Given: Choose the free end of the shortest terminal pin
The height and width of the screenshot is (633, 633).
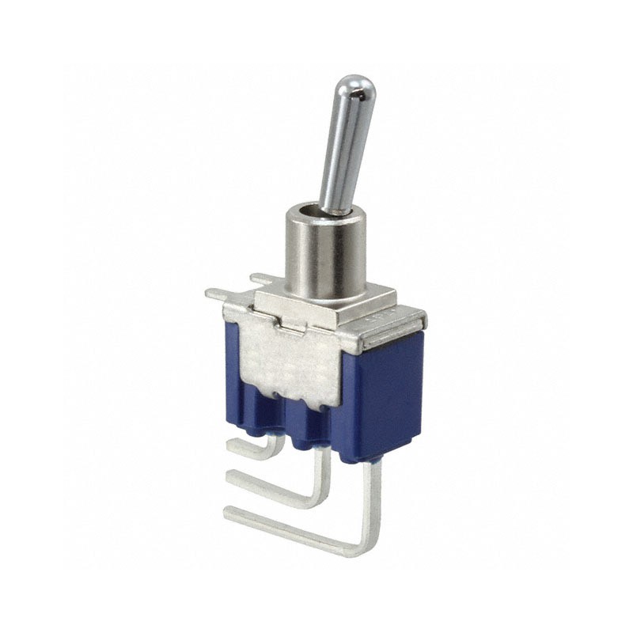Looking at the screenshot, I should tap(231, 445).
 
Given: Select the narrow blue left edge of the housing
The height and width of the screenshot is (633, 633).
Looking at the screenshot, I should tap(231, 372).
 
